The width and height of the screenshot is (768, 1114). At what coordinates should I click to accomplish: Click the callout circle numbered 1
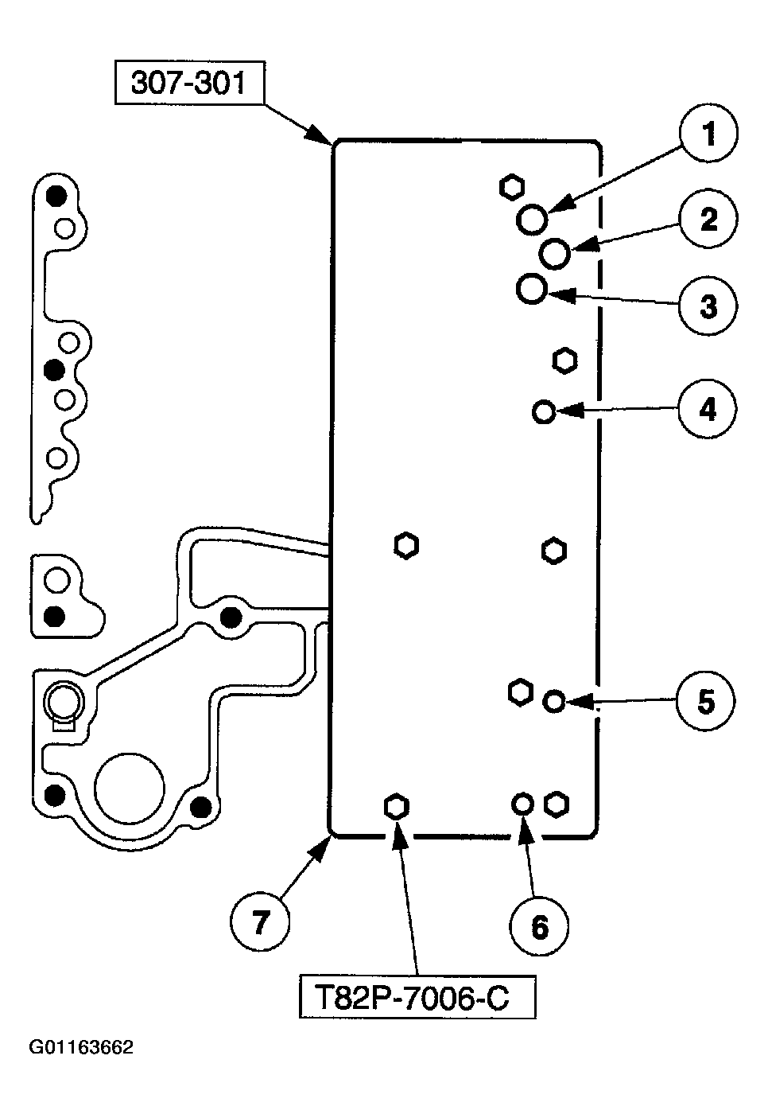pyautogui.click(x=708, y=134)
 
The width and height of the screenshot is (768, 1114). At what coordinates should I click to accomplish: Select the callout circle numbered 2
pyautogui.click(x=708, y=219)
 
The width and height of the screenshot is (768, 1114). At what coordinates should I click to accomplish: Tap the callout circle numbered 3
pyautogui.click(x=708, y=306)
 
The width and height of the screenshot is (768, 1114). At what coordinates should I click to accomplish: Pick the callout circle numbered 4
pyautogui.click(x=708, y=410)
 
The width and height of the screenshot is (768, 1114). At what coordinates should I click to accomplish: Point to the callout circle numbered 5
pyautogui.click(x=706, y=701)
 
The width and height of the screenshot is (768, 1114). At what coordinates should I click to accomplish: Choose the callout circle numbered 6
pyautogui.click(x=539, y=925)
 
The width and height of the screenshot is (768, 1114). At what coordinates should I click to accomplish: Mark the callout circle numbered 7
pyautogui.click(x=259, y=922)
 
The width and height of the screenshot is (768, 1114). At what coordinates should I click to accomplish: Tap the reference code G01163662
pyautogui.click(x=81, y=1047)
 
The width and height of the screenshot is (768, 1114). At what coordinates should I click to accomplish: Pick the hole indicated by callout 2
pyautogui.click(x=554, y=254)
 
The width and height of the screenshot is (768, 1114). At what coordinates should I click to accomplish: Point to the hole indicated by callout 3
pyautogui.click(x=531, y=289)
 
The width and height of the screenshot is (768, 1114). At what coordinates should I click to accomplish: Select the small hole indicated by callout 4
pyautogui.click(x=544, y=411)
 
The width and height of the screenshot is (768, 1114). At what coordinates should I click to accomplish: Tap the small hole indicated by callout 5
pyautogui.click(x=554, y=702)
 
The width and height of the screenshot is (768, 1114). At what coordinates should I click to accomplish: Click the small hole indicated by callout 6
pyautogui.click(x=522, y=804)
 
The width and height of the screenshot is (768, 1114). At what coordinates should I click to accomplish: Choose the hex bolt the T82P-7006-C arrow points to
pyautogui.click(x=396, y=807)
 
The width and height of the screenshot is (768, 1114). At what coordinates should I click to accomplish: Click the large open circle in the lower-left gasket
pyautogui.click(x=130, y=788)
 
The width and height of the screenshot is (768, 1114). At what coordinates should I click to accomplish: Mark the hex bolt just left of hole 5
pyautogui.click(x=520, y=691)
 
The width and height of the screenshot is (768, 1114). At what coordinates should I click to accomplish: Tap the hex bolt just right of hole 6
pyautogui.click(x=557, y=804)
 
